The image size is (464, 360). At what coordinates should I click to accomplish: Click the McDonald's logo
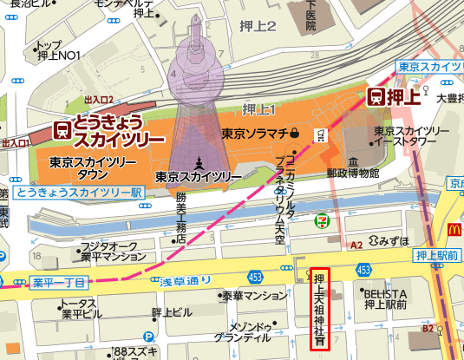pos(453,230)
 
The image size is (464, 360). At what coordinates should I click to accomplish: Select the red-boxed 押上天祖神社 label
pos(319,308)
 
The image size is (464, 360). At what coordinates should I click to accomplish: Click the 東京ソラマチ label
pos(255,134)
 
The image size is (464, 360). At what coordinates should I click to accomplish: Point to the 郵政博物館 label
pos(354,173)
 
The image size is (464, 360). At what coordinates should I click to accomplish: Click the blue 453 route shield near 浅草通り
pos(255,276)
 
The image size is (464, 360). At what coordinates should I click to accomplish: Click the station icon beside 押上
pos(378,96)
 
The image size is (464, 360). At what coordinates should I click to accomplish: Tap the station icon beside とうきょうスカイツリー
pos(62,129)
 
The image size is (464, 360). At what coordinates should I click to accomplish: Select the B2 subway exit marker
pos(427,329)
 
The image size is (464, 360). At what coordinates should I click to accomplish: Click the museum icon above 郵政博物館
pos(353,160)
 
